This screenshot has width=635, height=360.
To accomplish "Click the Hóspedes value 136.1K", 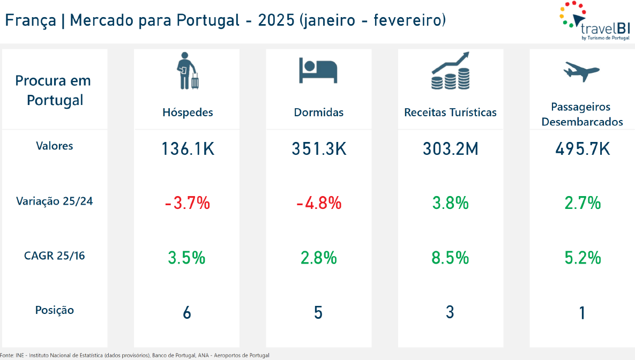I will point(188,149).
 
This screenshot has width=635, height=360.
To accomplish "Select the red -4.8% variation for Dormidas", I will point(319,204).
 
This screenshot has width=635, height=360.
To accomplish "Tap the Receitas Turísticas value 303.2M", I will point(450,149).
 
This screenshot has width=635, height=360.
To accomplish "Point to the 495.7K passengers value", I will point(582,149).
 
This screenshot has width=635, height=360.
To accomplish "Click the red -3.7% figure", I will point(187,204).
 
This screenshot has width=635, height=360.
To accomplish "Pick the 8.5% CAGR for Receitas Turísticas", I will point(450,258).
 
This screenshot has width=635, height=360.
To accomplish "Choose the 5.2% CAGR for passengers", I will point(582,258).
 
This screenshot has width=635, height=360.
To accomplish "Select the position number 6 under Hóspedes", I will point(187,312).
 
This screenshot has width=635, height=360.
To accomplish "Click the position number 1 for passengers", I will point(582,312).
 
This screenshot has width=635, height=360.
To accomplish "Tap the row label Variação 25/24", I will point(55,201).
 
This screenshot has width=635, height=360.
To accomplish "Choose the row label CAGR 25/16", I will point(55,256).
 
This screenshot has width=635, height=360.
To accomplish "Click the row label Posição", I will point(55,310).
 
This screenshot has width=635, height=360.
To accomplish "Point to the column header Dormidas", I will point(319,112).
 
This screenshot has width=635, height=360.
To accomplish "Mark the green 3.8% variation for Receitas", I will point(450,204).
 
